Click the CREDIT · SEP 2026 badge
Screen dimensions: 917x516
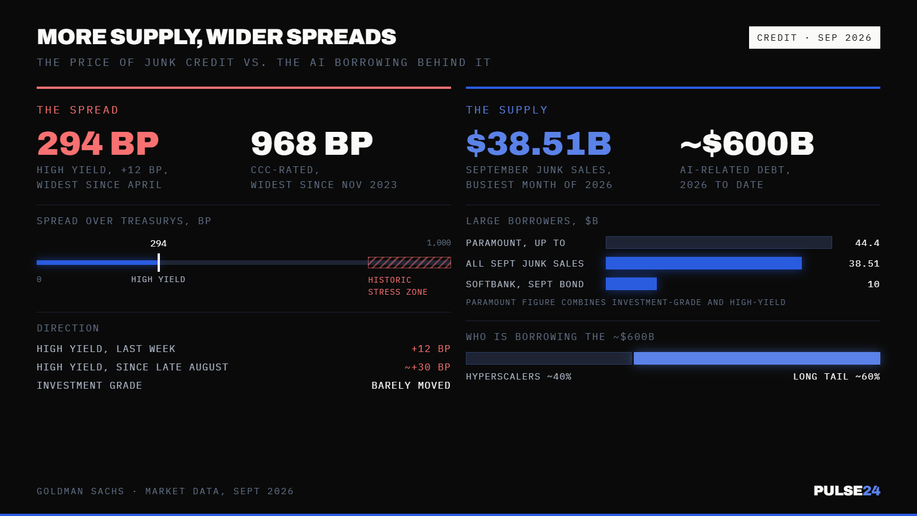point(814,38)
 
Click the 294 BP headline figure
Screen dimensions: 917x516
point(98,143)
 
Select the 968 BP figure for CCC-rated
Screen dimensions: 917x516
point(312,143)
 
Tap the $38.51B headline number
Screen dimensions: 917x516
point(538,143)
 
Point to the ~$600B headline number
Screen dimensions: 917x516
point(747,143)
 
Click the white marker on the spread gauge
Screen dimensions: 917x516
point(159,263)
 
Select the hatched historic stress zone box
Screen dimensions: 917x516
point(409,263)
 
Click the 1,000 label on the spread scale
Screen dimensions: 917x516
point(439,243)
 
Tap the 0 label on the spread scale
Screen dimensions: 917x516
point(39,279)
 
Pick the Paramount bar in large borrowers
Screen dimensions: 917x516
point(719,243)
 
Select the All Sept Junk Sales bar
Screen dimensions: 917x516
point(704,263)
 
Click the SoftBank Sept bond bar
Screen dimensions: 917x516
point(631,283)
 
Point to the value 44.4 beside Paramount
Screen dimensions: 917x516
point(868,243)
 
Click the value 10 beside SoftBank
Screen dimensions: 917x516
point(873,284)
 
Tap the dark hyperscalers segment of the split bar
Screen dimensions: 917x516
point(548,358)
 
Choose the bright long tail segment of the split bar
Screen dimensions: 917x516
point(757,358)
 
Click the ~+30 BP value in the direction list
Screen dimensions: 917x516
point(428,367)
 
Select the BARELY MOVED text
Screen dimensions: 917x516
point(411,385)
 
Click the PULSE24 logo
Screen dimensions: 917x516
point(847,490)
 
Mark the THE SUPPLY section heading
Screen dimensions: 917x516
point(507,110)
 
